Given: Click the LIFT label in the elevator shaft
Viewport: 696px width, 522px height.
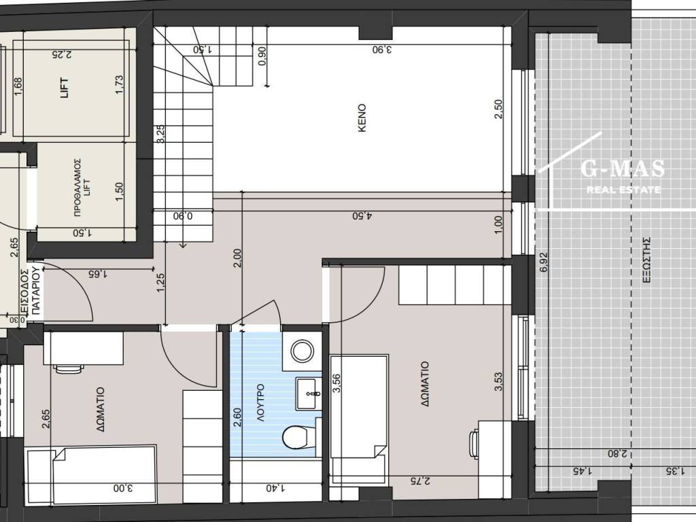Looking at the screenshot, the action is tap(65, 88).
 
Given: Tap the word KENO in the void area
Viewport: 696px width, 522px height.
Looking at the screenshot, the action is tap(362, 118).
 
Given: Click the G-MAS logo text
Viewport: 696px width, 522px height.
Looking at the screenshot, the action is tap(623, 169).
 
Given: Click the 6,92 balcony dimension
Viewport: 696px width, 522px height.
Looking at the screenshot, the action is tap(544, 262).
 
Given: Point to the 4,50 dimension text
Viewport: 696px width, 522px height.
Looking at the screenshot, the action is tap(362, 215).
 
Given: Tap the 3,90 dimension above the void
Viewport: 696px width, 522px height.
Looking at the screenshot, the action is tap(382, 49).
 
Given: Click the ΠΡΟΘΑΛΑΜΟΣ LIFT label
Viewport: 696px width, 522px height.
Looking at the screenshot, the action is tap(82, 186).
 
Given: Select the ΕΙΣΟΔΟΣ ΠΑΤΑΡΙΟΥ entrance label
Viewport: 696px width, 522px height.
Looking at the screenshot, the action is tap(31, 291).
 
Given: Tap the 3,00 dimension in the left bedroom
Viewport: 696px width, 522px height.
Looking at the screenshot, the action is tap(123, 488).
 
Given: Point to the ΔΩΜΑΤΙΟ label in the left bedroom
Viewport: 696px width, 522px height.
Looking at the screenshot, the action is tap(101, 410).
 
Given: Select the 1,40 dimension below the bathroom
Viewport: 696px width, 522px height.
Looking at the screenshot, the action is tap(276, 488).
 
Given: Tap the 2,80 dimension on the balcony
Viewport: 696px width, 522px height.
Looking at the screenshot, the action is tap(617, 453).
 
